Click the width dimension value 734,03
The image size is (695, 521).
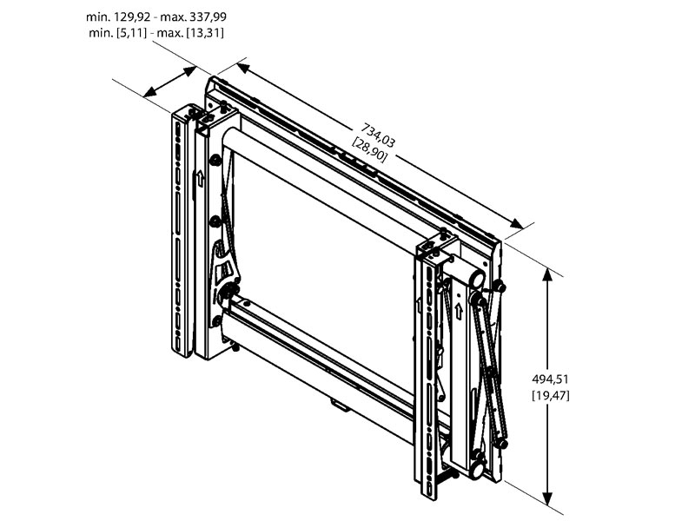[x=380, y=134]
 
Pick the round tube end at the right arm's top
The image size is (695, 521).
[x=475, y=279]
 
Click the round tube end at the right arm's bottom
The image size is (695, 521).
[x=476, y=470]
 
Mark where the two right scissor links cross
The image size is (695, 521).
[x=491, y=374]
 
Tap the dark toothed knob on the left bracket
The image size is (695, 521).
[x=230, y=292]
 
